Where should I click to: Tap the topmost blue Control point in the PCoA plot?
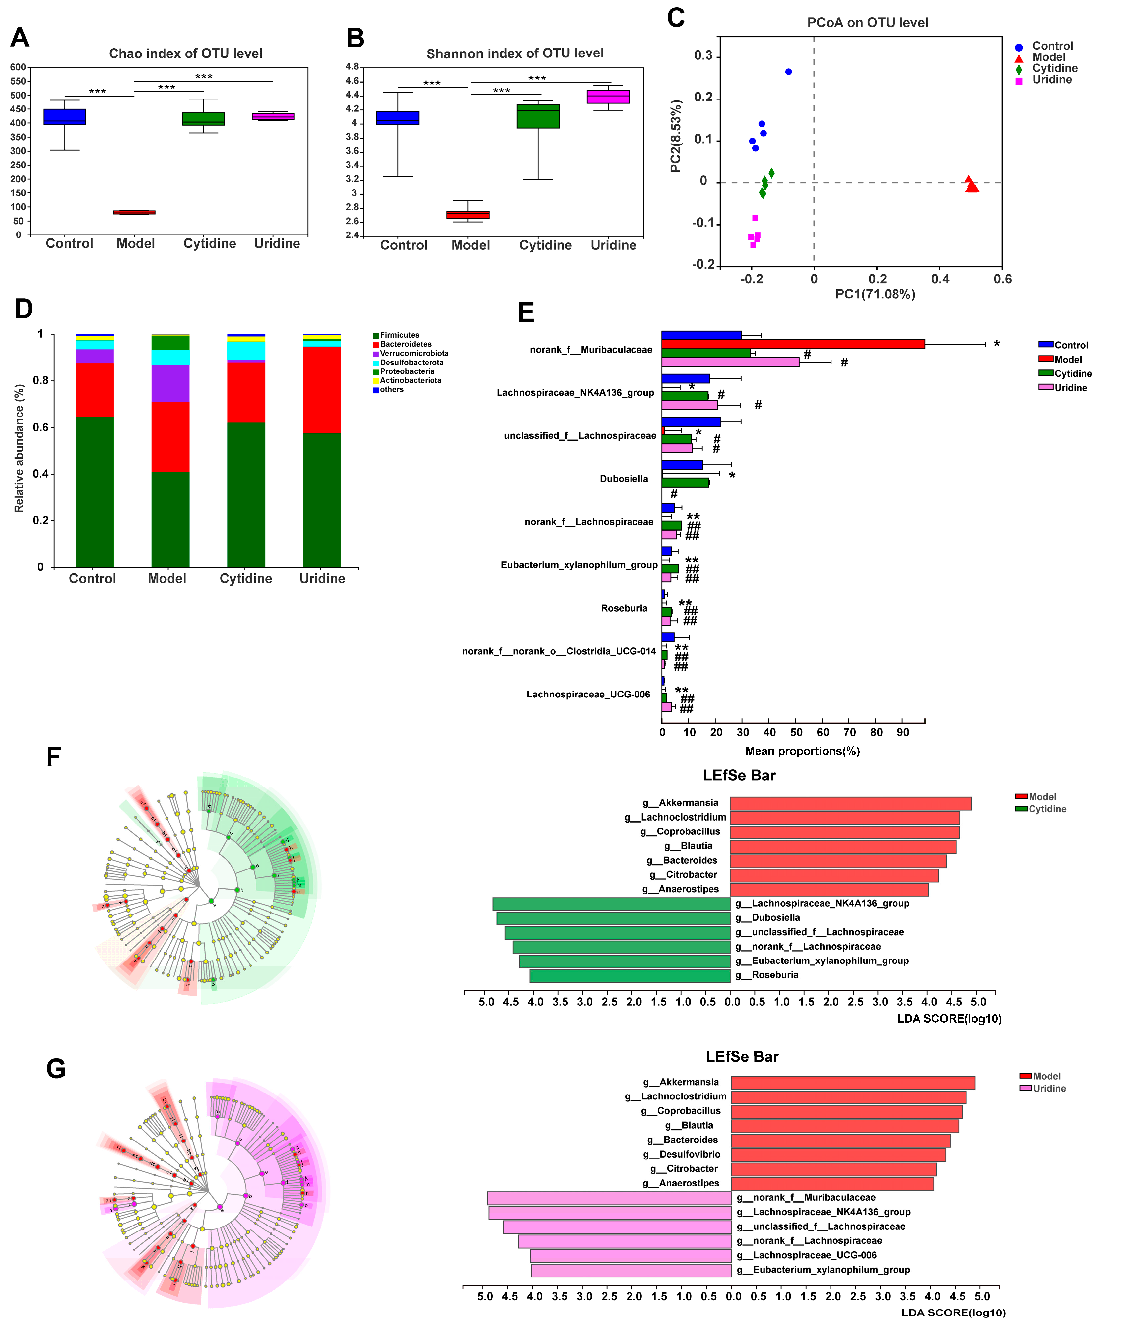[788, 72]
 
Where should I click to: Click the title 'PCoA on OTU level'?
[867, 23]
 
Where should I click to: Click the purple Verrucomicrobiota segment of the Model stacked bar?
[170, 383]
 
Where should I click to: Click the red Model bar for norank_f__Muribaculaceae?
[793, 344]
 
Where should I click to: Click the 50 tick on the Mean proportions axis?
[796, 732]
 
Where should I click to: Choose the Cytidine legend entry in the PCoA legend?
[1054, 68]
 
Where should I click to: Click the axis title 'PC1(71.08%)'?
[875, 294]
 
